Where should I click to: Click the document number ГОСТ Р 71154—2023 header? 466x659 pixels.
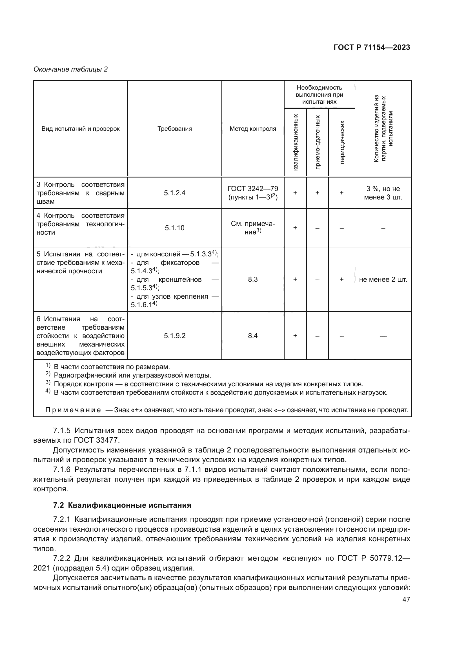pyautogui.click(x=372, y=47)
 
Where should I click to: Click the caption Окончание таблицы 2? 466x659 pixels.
pyautogui.click(x=71, y=69)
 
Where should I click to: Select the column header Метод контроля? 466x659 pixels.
pyautogui.click(x=252, y=128)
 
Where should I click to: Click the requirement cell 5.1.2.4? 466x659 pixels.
pyautogui.click(x=174, y=193)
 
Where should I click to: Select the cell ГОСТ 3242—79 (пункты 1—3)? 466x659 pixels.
pyautogui.click(x=252, y=193)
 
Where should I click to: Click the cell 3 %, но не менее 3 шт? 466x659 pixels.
pyautogui.click(x=383, y=193)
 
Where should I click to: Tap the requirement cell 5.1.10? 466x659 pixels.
pyautogui.click(x=174, y=228)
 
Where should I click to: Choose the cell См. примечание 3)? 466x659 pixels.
pyautogui.click(x=252, y=228)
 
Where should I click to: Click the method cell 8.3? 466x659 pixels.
pyautogui.click(x=252, y=279)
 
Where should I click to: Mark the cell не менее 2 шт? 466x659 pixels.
pyautogui.click(x=383, y=279)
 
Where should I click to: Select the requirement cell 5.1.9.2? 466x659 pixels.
pyautogui.click(x=174, y=336)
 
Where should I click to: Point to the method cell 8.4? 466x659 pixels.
pyautogui.click(x=252, y=336)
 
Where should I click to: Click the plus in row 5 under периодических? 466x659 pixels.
pyautogui.click(x=342, y=279)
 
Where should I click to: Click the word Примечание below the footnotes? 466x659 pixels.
pyautogui.click(x=73, y=410)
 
